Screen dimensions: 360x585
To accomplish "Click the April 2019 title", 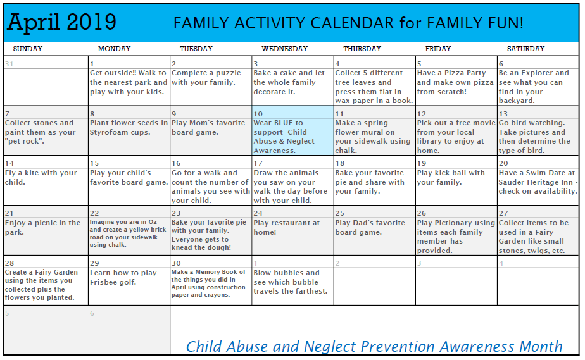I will (61, 22).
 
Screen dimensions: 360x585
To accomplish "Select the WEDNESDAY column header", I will (284, 49).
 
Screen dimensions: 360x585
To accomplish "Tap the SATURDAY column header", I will (525, 49).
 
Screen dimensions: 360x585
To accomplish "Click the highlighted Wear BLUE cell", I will (292, 137).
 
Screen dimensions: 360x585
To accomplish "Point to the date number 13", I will (504, 114).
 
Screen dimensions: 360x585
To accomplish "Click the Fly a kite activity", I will (41, 177).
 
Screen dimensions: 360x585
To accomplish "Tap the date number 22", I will (94, 213).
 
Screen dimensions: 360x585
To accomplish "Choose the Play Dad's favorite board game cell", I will (370, 227).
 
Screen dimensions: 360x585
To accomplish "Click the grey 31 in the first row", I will (9, 63).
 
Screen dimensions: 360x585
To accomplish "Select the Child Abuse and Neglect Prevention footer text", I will (374, 346).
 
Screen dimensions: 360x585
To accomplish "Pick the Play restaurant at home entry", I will (286, 227).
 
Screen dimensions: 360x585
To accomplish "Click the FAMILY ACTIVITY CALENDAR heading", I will (348, 24).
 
